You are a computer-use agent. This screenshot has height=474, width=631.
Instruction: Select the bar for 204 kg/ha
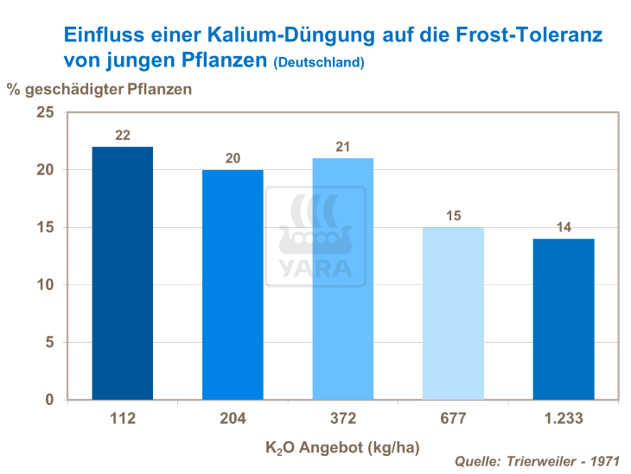point(233,284)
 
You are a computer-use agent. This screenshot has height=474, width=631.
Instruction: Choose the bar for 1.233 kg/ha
point(564,319)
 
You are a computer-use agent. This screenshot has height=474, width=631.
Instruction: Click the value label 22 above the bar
point(123,135)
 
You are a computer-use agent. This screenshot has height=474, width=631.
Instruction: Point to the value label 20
point(233,158)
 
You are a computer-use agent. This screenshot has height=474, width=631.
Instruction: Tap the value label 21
point(343,146)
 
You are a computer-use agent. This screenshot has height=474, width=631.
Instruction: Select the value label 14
point(564,227)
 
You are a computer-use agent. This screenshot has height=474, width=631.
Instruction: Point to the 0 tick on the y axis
point(49,400)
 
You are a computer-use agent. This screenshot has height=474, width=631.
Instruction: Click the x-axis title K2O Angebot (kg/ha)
point(343,448)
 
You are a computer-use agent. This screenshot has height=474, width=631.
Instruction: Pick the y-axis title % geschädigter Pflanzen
point(99,88)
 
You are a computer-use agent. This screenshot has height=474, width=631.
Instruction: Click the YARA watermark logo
point(315,237)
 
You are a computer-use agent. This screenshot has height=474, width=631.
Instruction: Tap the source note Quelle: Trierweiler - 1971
point(536,462)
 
